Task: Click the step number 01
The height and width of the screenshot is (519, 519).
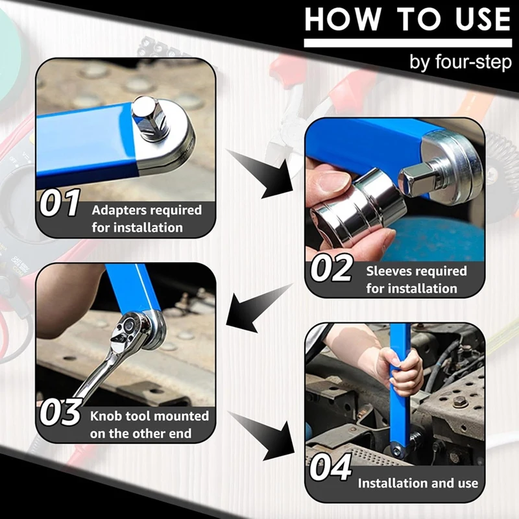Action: pos(60,202)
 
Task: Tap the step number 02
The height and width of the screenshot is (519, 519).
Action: pos(331,267)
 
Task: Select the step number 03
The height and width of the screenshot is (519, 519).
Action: pos(60,411)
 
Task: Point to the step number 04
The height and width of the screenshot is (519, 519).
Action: pos(330,467)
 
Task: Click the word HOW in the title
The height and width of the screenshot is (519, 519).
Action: pos(343,19)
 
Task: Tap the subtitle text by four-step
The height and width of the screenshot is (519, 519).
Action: pos(461,62)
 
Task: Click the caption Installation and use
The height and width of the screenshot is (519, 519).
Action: pos(418,483)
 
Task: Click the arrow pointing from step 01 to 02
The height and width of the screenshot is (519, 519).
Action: pos(261,175)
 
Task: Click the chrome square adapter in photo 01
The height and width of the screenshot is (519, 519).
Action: pos(149,120)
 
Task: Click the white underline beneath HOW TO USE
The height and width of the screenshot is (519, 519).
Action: pos(408,43)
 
